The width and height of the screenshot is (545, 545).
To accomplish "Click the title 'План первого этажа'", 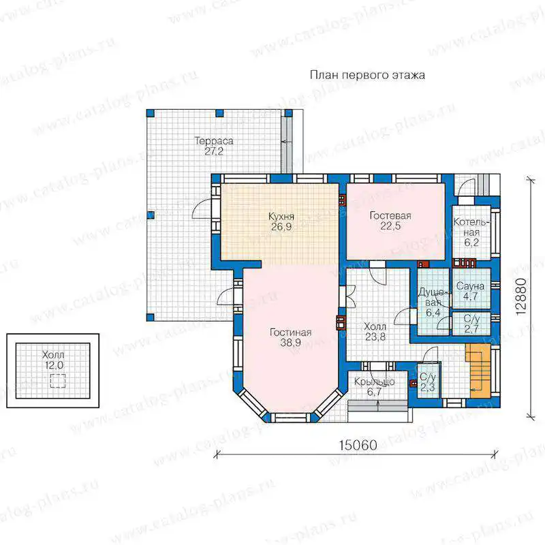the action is tap(367, 76).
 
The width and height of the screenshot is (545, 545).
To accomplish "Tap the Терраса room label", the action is tap(214, 141).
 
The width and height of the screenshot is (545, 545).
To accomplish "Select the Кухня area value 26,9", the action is tap(281, 227).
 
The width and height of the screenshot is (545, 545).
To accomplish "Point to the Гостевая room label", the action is tap(390, 216).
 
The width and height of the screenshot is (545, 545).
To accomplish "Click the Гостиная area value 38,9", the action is tap(291, 343).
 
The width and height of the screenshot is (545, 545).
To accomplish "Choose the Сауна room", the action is tap(471, 288).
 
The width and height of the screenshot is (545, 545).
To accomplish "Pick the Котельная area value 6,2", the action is tap(471, 243).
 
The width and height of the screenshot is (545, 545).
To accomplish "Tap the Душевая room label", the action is tap(433, 298).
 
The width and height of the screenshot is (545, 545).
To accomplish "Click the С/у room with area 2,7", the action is tap(471, 324).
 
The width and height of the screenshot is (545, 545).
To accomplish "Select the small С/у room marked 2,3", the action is tap(429, 381).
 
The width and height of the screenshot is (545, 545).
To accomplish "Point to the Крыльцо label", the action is tap(374, 381).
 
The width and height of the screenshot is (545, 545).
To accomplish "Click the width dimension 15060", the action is tap(358, 446).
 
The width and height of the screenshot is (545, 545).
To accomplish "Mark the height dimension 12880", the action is tap(521, 296).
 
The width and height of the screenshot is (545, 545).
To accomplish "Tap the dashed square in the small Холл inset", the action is tap(58, 381).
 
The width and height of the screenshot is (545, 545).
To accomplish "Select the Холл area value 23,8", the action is tap(375, 337).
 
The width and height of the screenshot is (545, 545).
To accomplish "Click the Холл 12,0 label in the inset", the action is tap(53, 360).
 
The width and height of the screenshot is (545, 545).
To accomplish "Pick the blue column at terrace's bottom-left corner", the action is tap(150, 317).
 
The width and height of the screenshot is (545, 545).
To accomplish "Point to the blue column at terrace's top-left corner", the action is tap(150, 113).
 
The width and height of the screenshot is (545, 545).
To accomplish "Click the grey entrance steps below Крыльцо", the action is tap(378, 406).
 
